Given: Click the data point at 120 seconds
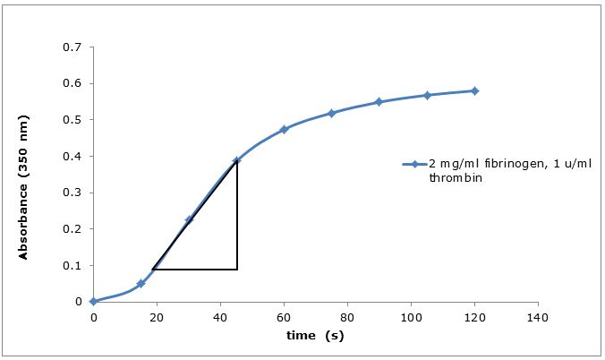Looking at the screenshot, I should (x=474, y=90).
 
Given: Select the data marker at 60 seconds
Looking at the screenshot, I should (x=284, y=130).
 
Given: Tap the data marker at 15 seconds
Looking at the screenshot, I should (x=141, y=283).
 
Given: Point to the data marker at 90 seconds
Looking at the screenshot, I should (x=379, y=102).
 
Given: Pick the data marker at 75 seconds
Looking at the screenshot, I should (x=331, y=113).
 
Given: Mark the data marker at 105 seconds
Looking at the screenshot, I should (x=427, y=95).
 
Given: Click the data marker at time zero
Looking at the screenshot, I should (x=93, y=302).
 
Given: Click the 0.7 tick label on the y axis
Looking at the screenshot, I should (x=72, y=47).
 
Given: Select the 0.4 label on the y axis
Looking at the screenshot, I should (x=72, y=156).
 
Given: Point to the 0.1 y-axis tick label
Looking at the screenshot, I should (x=72, y=265).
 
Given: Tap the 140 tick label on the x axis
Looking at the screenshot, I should (x=537, y=317).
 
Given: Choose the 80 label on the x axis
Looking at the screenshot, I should (x=346, y=317).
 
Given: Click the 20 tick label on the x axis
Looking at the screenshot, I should (x=157, y=317).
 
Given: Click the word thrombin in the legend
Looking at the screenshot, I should (x=447, y=177).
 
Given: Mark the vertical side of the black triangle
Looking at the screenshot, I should (x=237, y=215).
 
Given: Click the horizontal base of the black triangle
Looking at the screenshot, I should (x=195, y=269).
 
